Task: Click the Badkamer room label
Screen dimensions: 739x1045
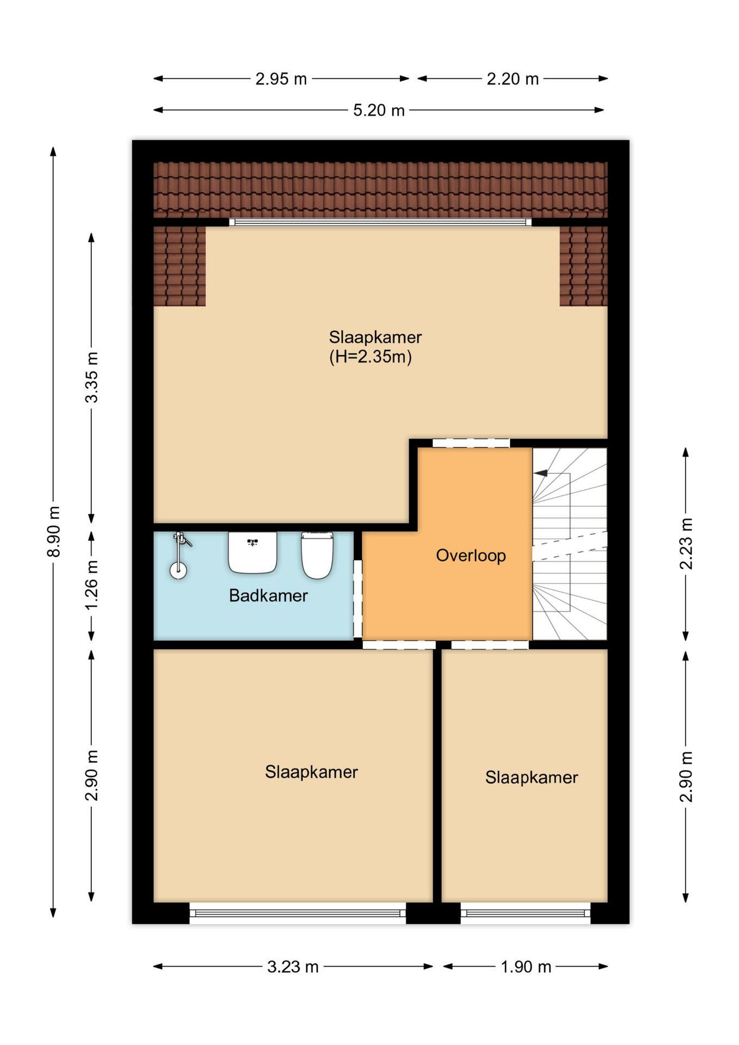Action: point(268,595)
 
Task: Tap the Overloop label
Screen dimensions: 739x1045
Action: point(471,556)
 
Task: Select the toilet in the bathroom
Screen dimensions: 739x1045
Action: point(317,555)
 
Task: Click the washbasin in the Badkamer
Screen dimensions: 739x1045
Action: point(253,552)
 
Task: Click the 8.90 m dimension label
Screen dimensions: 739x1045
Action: point(54,531)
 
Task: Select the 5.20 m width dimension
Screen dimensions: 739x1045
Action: point(379,110)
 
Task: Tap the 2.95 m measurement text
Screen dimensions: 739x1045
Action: point(281,79)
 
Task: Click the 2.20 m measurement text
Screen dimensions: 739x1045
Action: point(513,79)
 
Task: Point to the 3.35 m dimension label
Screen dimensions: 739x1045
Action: point(92,377)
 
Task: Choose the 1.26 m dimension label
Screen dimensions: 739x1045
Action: point(92,585)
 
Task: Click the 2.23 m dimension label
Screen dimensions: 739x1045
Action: point(686,544)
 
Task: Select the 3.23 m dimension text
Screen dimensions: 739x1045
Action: point(293,967)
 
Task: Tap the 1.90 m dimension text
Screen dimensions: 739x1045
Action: point(526,967)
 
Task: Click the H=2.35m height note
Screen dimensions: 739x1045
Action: point(371,357)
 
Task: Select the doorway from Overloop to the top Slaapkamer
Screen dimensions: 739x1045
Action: point(471,443)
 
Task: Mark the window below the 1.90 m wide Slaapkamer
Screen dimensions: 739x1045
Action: point(526,913)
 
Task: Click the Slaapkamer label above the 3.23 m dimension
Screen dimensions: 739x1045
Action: point(311,772)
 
